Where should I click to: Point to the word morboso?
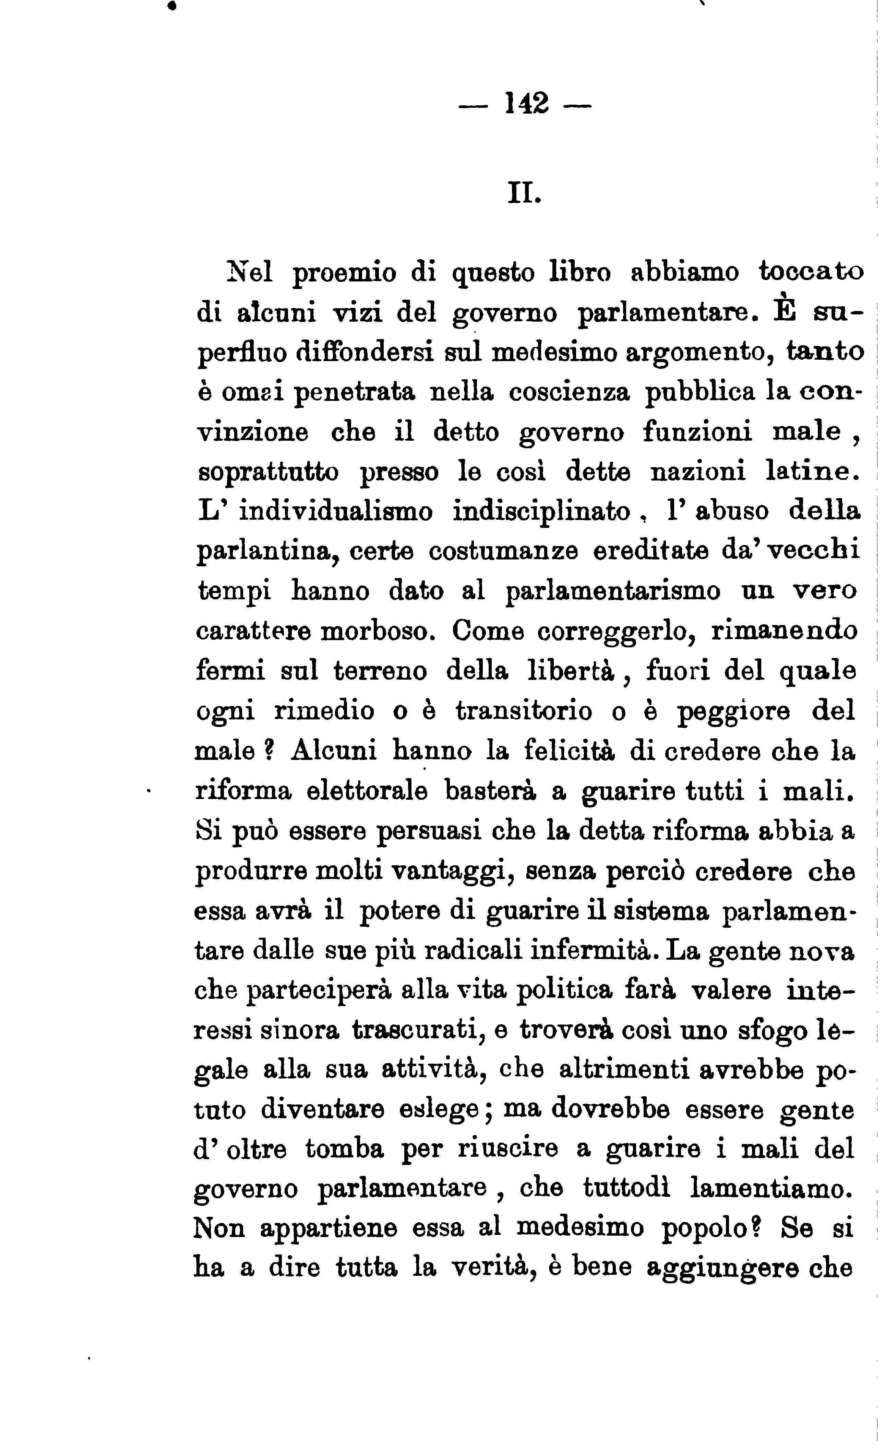coord(379,631)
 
